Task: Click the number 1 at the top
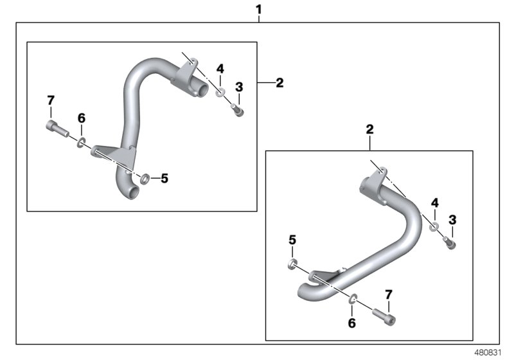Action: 259,10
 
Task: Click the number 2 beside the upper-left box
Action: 279,83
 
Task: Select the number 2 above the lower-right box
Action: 369,129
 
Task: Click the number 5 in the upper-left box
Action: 164,178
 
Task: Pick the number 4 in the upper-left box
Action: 220,69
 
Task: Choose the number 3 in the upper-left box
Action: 238,87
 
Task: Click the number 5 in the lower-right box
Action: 292,240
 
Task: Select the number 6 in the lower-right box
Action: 351,324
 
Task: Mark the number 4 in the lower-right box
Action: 434,203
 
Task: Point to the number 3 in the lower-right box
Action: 452,221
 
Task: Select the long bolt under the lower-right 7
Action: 384,316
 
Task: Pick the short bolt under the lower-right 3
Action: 450,244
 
